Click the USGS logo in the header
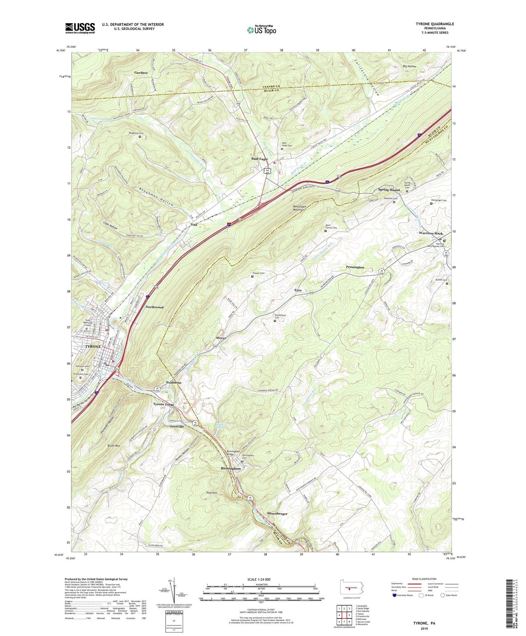(80, 28)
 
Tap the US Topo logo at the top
(262, 30)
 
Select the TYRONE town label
(93, 347)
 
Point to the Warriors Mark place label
(431, 233)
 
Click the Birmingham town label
(231, 468)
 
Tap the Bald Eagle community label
(259, 159)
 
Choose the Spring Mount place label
(389, 190)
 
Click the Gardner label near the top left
(141, 73)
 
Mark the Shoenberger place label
(277, 514)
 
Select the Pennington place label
(355, 267)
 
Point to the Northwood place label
(154, 307)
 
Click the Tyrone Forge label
(163, 404)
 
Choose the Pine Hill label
(212, 493)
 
